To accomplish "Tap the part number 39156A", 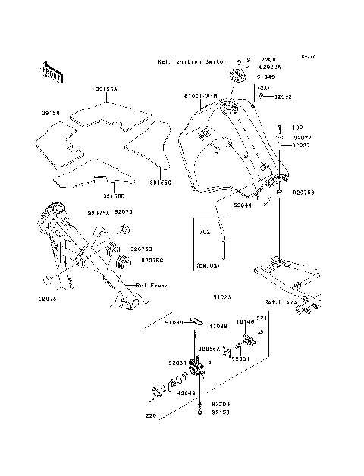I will point(105,89).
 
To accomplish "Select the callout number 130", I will point(297,127).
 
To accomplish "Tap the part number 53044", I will point(243,205).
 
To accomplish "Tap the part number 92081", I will point(240,358).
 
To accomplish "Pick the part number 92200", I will point(220,405).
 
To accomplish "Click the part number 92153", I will point(220,412).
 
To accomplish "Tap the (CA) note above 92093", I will point(263,88).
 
